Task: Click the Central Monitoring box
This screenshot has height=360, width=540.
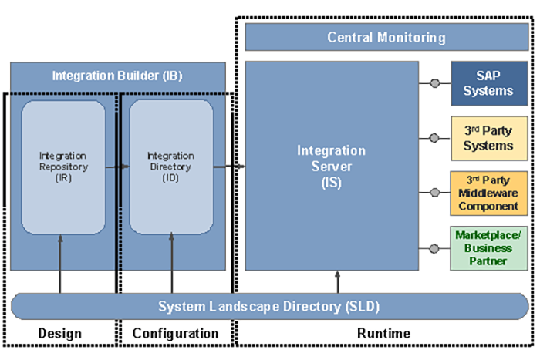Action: (386, 37)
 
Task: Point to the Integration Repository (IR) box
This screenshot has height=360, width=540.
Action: (63, 167)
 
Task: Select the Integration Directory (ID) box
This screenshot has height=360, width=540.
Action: (170, 167)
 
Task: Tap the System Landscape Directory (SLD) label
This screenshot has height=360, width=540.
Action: (268, 306)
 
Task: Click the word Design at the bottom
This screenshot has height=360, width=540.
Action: (59, 333)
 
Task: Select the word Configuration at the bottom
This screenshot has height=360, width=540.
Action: (175, 333)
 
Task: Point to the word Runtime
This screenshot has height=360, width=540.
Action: (383, 333)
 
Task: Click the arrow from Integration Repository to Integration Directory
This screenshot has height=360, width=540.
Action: (117, 166)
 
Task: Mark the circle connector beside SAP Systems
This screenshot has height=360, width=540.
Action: (435, 83)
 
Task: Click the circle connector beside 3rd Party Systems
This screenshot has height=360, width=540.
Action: (435, 138)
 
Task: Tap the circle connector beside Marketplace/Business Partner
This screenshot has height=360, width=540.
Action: (435, 247)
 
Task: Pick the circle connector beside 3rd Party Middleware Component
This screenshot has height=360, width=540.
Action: (435, 192)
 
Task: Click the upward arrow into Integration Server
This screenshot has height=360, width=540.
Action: (338, 281)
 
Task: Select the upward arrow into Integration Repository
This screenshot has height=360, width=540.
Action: (59, 263)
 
